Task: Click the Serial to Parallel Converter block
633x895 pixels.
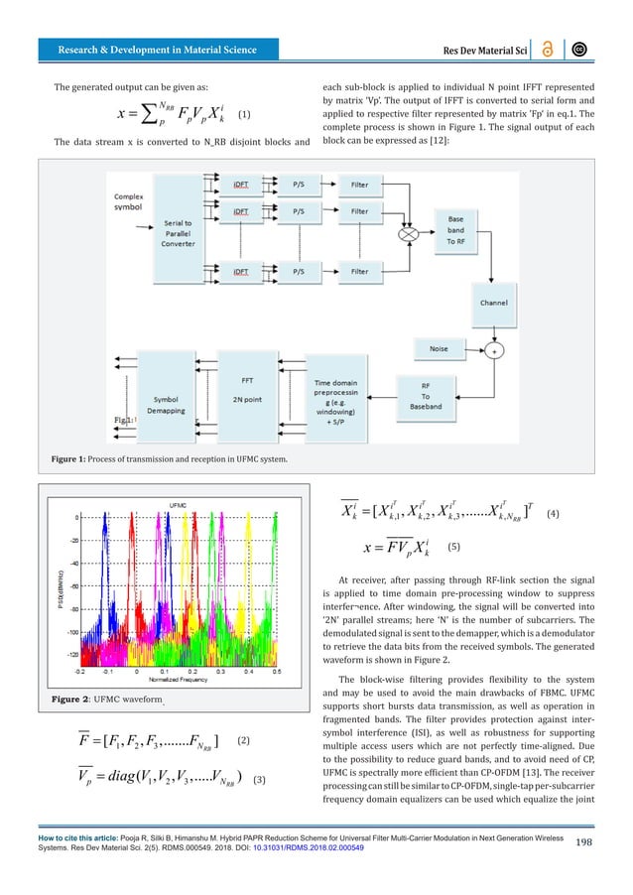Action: point(185,238)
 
